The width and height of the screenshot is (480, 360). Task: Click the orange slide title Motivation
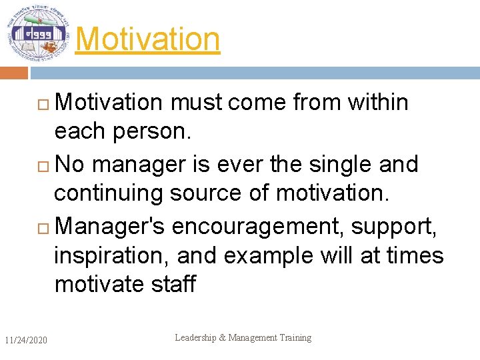click(147, 39)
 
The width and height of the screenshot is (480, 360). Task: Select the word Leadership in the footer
click(195, 338)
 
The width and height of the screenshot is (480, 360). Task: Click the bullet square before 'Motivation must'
click(45, 104)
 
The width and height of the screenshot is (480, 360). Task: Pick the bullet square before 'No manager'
click(45, 165)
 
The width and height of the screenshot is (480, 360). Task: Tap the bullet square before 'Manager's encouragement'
click(45, 227)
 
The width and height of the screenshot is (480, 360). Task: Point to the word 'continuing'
click(108, 193)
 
